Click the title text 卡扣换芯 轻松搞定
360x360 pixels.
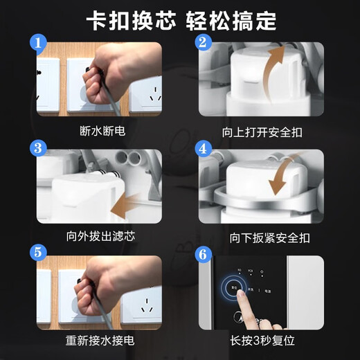(x=180, y=19)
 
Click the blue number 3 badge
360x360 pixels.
(x=39, y=149)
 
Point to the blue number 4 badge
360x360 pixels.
(x=202, y=149)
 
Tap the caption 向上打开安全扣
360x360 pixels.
(x=261, y=129)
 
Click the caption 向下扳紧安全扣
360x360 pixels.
(x=261, y=236)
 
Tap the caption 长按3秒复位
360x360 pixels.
(x=261, y=340)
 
